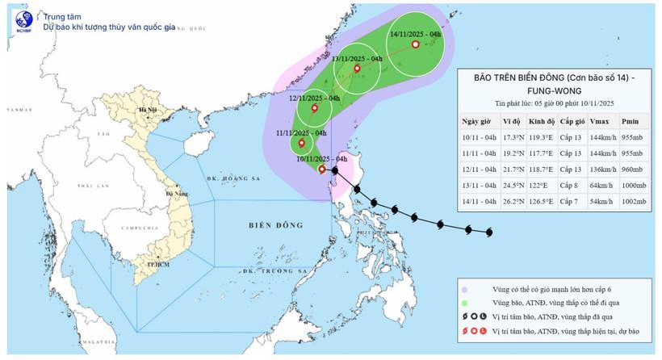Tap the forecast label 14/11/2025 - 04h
414,35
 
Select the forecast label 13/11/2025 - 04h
357,59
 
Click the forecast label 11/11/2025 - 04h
300,132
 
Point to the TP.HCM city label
146,264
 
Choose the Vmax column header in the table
600,121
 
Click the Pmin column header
631,121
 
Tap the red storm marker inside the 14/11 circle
416,45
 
